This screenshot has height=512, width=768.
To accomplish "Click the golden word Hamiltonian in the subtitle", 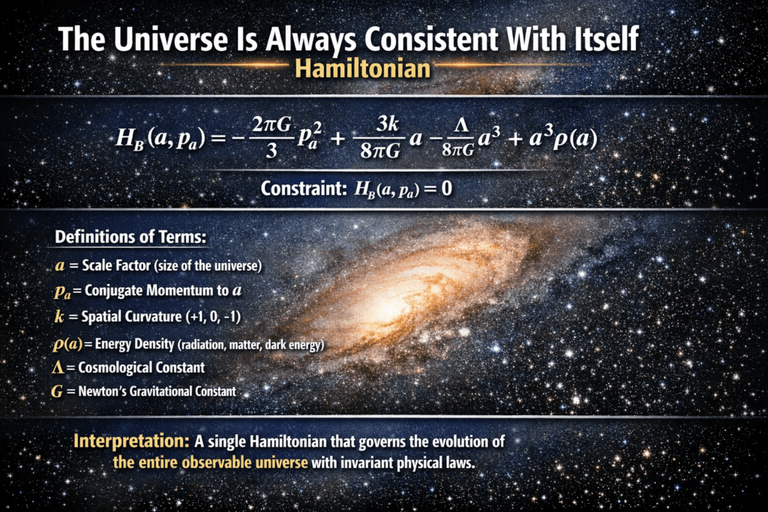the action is click(x=363, y=68).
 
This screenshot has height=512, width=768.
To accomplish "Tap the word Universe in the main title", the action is click(x=171, y=39).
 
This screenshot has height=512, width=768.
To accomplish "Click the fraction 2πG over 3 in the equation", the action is click(x=271, y=138).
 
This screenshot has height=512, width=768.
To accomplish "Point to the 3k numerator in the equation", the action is click(x=387, y=124).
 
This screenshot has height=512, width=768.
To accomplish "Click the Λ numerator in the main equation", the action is click(x=461, y=126).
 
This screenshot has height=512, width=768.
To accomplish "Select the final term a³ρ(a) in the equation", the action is click(x=562, y=139).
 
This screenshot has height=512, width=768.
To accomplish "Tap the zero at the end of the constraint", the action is click(x=446, y=188).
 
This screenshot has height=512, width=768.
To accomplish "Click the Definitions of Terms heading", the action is click(x=130, y=237).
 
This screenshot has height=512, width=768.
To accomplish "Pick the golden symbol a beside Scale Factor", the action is click(x=60, y=266).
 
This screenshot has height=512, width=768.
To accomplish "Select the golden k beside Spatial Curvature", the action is click(x=59, y=316).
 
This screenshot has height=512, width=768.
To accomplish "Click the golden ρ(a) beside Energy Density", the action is click(x=67, y=344).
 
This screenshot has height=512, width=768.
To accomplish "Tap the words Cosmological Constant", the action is click(x=142, y=367).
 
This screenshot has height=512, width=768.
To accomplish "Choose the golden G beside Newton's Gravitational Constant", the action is click(x=57, y=391).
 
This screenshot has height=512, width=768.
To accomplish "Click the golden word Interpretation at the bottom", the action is click(x=131, y=442).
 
